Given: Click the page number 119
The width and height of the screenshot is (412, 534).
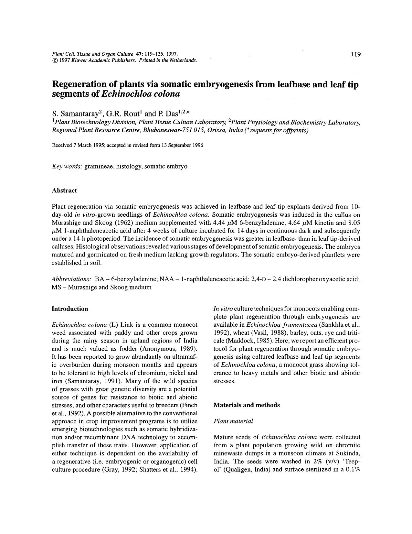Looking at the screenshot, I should point(355,54).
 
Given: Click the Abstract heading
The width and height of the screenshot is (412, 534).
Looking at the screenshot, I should point(64,191).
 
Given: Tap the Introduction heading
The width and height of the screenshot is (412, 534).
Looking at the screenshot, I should point(70,309).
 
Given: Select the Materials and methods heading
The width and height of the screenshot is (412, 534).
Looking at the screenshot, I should point(247,405).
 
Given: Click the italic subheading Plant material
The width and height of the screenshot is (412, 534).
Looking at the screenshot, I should point(233,421).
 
